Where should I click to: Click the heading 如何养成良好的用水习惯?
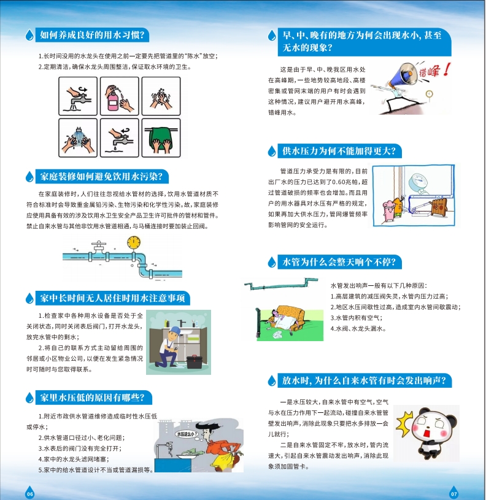pos(92,35)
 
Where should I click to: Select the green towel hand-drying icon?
pos(161,138)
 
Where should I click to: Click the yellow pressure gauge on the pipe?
pos(134,242)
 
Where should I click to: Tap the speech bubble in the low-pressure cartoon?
pos(187,434)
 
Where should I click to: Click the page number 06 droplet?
pos(29,493)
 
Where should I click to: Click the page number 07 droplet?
pos(454,493)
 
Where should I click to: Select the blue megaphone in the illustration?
pos(403,76)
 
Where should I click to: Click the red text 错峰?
pos(435,71)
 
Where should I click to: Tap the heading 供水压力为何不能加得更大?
pos(339,151)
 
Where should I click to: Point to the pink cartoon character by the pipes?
pos(388,210)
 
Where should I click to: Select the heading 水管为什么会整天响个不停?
pos(339,262)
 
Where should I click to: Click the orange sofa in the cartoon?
pos(290,317)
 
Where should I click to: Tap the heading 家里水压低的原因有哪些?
pos(92,398)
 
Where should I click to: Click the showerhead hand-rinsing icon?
pos(78,138)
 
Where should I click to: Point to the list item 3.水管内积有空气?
pos(356,318)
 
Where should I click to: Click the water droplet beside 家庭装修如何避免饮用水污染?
pos(29,176)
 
